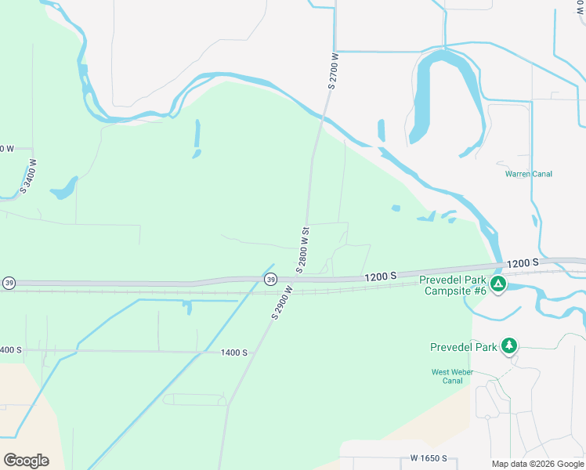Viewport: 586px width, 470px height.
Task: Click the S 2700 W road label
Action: [333, 71]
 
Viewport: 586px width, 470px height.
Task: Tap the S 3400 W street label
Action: [29, 175]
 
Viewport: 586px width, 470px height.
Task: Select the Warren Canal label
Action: [529, 174]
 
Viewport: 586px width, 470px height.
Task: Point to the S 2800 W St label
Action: [305, 250]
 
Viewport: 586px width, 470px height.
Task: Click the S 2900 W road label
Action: [282, 302]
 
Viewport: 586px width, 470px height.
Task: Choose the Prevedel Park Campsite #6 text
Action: [453, 285]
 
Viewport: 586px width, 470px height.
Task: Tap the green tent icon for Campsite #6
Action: [497, 284]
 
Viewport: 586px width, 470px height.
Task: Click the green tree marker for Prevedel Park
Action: [509, 345]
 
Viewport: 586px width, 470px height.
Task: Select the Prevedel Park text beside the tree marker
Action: [464, 347]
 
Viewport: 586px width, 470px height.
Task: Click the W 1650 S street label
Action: [428, 458]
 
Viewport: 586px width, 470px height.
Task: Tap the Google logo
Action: [26, 460]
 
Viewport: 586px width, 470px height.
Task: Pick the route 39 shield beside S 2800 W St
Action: [270, 280]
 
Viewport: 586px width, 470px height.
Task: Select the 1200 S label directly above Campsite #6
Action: [523, 264]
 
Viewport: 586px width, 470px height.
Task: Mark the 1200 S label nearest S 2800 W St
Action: [380, 277]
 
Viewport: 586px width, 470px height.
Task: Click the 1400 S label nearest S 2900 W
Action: [233, 353]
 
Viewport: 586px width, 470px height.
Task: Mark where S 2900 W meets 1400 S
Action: [252, 352]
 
